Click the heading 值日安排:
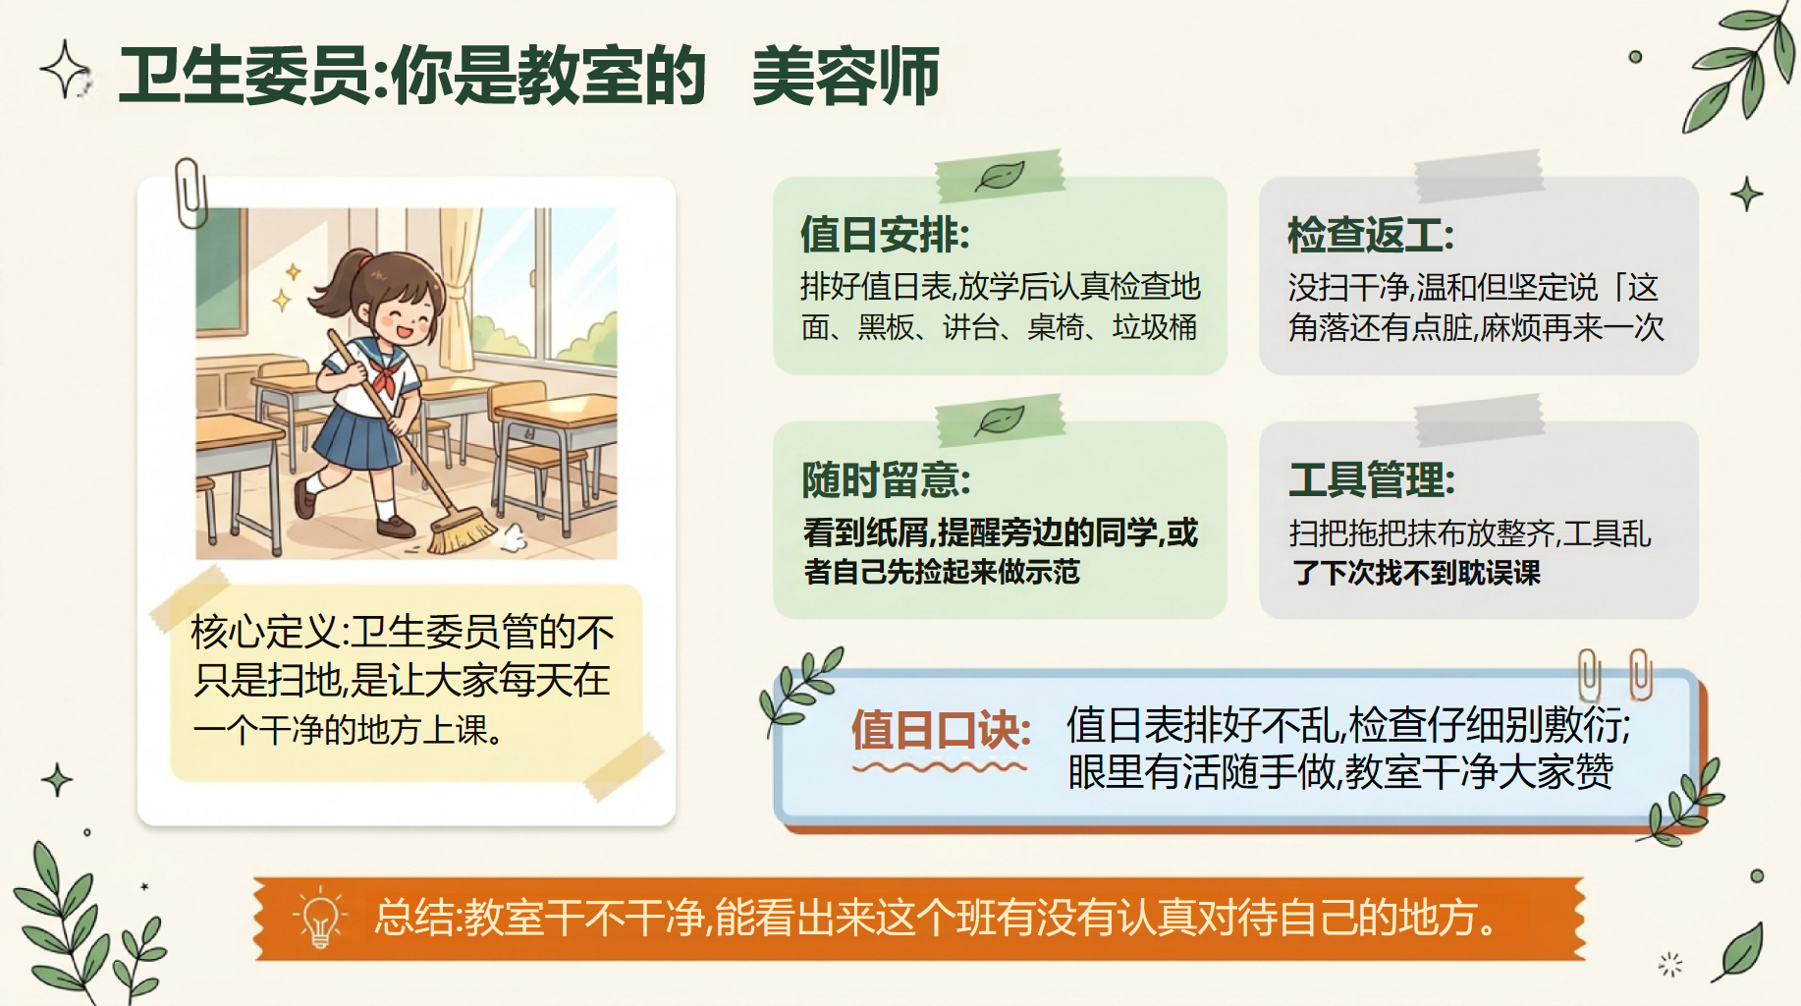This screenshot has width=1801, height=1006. click(x=885, y=235)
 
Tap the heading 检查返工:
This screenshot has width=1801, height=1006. click(x=1371, y=235)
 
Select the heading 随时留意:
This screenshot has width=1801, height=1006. click(x=887, y=480)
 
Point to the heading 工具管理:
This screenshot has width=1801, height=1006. click(x=1372, y=480)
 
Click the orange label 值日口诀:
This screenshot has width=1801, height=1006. click(x=942, y=730)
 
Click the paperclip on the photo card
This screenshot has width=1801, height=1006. click(x=191, y=193)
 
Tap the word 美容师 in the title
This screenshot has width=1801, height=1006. click(x=846, y=76)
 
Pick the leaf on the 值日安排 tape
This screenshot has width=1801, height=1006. click(x=1000, y=176)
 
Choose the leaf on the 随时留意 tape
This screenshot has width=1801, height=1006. click(x=1000, y=420)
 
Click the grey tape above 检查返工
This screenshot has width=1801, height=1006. click(x=1479, y=176)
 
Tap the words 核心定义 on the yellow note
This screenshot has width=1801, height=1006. click(x=264, y=632)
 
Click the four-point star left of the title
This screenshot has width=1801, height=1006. click(x=65, y=70)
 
